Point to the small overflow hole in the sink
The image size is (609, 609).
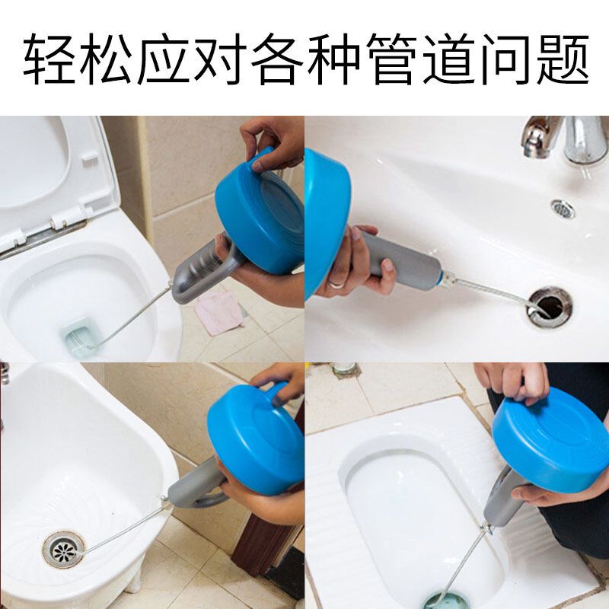(x=563, y=208)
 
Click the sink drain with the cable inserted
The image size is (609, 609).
(x=549, y=306)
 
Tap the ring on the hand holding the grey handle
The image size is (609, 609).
(x=336, y=284)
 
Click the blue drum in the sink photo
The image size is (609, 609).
(x=320, y=221)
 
